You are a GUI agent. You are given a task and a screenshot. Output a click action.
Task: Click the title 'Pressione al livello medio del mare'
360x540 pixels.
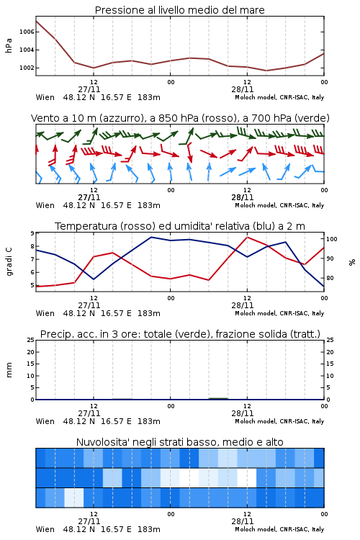(x=179, y=10)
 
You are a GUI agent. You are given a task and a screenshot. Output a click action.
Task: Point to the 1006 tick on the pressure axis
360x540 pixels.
(x=27, y=32)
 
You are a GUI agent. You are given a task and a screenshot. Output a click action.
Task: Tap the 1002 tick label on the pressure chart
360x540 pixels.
(x=27, y=68)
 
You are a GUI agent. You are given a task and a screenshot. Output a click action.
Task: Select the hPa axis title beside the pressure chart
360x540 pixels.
(x=9, y=45)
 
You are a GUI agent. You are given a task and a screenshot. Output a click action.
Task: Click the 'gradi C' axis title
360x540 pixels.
(x=9, y=262)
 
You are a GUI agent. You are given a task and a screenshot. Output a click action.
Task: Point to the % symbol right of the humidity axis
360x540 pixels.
(x=352, y=262)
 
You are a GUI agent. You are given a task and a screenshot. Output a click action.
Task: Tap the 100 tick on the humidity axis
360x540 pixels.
(x=332, y=239)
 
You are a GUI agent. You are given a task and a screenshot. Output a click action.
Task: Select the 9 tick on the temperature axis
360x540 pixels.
(x=32, y=233)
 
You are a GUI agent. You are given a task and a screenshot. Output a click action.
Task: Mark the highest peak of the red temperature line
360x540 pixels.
(x=248, y=237)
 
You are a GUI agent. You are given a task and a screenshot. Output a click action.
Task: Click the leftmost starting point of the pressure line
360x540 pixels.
(x=36, y=21)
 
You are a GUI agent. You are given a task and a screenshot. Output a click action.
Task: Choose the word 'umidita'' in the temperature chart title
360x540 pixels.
(x=189, y=226)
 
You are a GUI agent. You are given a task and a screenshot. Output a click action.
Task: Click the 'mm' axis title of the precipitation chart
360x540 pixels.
(x=9, y=370)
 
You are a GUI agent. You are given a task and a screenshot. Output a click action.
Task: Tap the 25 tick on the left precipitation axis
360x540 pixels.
(x=31, y=340)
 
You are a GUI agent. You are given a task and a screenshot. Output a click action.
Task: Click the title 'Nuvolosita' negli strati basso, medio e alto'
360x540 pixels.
(x=179, y=442)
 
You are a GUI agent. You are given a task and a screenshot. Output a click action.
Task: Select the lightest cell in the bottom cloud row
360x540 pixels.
(x=74, y=498)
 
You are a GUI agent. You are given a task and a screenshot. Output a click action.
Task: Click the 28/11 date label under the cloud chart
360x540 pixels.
(x=242, y=521)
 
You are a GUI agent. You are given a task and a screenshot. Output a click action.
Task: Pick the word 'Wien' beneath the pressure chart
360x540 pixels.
(x=45, y=97)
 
